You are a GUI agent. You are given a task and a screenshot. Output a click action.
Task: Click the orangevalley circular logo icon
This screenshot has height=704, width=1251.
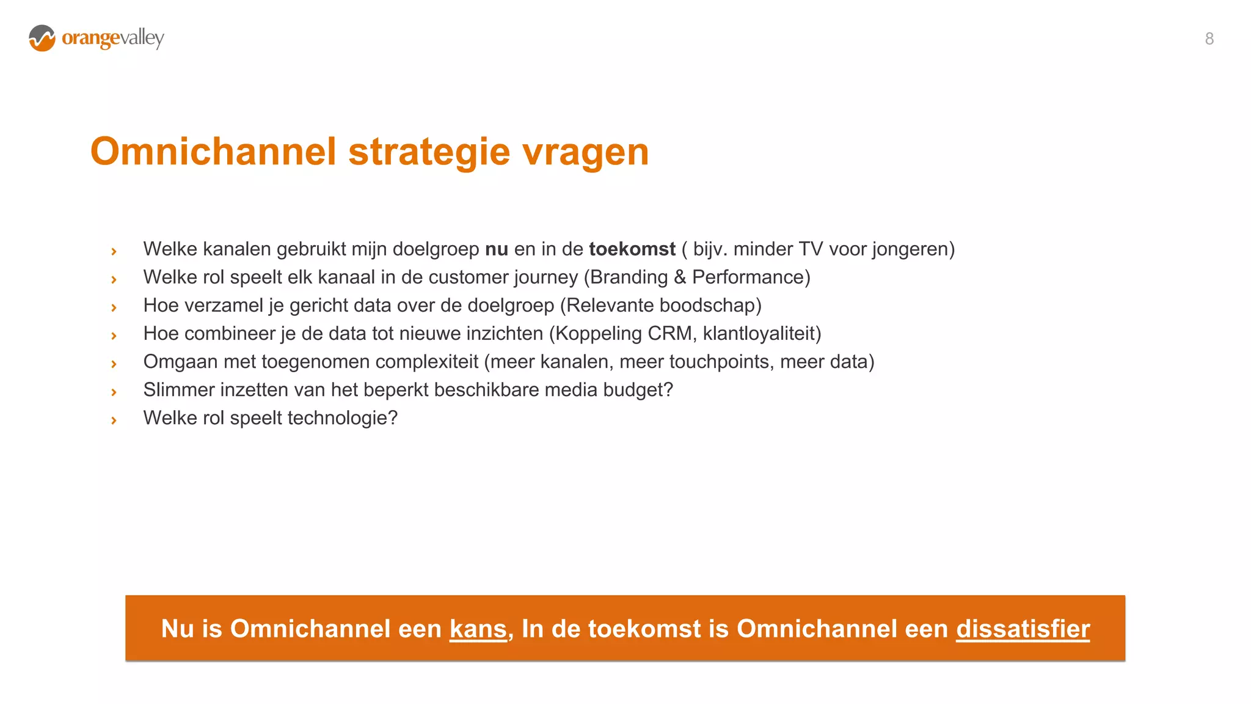click(42, 38)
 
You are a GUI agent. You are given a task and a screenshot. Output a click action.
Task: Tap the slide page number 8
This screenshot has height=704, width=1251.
click(1209, 39)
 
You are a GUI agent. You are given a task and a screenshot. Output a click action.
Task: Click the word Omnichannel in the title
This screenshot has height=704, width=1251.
click(213, 152)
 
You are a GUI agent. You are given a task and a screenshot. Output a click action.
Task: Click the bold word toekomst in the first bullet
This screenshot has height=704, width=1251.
click(632, 249)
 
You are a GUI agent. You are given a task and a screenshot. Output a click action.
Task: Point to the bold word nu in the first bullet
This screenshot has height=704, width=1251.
click(496, 249)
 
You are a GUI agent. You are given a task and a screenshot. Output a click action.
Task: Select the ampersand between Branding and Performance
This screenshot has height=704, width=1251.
click(680, 277)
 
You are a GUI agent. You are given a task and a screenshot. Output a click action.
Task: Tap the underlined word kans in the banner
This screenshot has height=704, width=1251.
click(478, 629)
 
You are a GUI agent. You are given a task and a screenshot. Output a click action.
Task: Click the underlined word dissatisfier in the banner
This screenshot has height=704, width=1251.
click(1023, 629)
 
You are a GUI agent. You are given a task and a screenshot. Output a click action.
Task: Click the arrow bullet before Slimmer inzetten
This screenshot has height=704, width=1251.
click(114, 392)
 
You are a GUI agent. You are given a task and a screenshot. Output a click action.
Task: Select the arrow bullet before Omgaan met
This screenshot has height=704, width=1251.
click(114, 364)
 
